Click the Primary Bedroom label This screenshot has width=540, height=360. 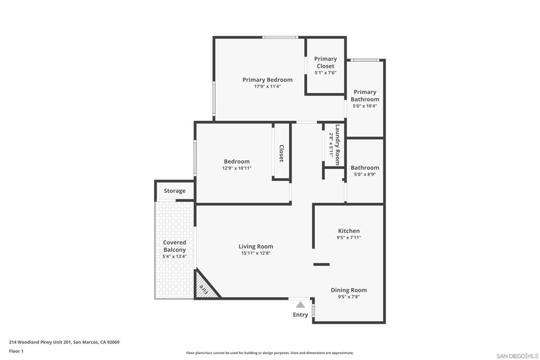point(267,80)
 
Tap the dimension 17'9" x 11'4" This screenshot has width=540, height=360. point(267,86)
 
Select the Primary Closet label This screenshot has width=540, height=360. point(325,62)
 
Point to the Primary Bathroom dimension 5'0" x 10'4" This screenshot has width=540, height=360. point(365,106)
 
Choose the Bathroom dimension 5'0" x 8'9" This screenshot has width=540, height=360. point(365,174)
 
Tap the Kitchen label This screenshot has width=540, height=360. point(349,231)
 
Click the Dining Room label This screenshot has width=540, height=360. point(349,290)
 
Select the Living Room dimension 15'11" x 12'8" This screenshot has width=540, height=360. point(256,254)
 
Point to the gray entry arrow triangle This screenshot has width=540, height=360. point(300,305)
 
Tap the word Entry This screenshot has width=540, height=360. point(300,315)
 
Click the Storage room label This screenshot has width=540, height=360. point(175,191)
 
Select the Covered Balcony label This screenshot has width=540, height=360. point(175,246)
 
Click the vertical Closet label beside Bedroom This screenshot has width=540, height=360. point(282,153)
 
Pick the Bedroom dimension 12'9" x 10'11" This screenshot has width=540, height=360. point(237,168)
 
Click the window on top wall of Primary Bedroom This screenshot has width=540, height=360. point(281,37)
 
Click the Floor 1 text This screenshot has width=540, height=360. point(16,351)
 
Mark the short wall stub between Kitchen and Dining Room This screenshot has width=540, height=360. point(321,264)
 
